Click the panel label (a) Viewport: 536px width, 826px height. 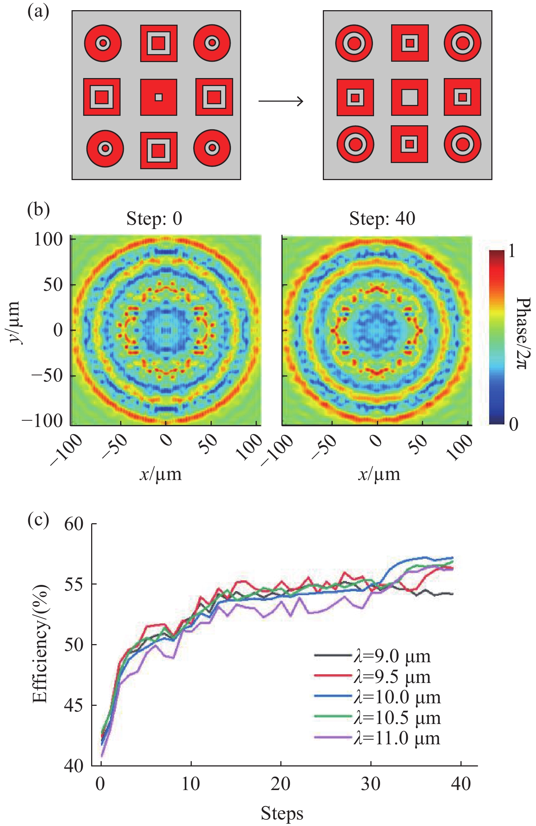click(x=38, y=12)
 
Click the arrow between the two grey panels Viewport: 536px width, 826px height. click(x=280, y=101)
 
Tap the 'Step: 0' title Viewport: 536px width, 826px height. click(x=154, y=219)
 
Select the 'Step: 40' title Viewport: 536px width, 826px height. click(x=382, y=219)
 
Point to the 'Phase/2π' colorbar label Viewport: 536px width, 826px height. click(x=523, y=333)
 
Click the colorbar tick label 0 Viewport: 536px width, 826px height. click(x=513, y=423)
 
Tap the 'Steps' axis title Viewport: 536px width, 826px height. click(x=282, y=813)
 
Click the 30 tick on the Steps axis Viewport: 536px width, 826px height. click(x=370, y=784)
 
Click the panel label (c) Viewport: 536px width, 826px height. click(x=38, y=520)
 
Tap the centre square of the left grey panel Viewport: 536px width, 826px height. click(x=159, y=97)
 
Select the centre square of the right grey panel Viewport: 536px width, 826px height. click(x=410, y=97)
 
